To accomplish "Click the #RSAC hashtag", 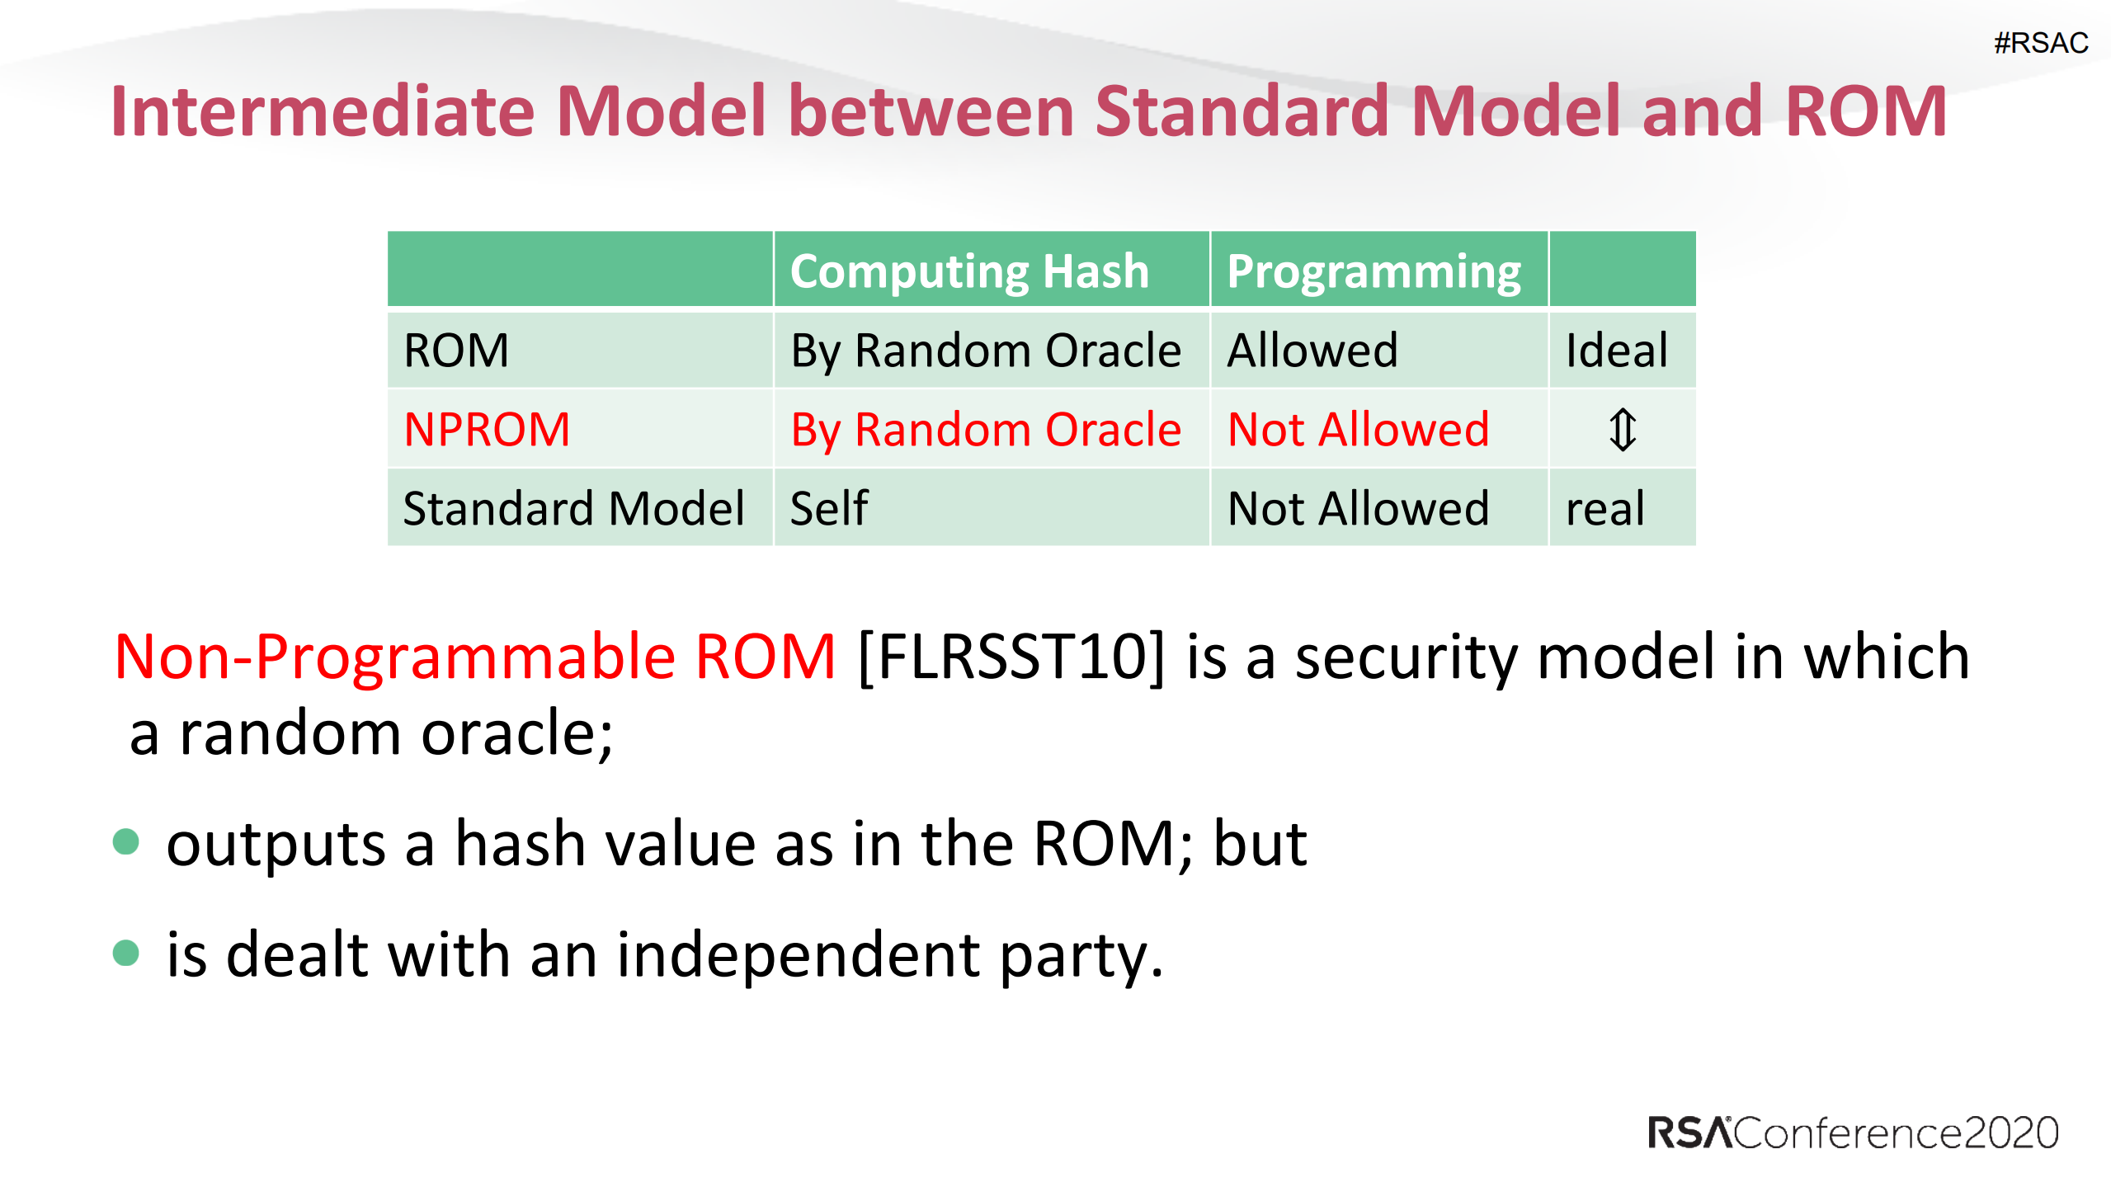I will [x=2040, y=43].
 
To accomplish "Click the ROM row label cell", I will [x=456, y=350].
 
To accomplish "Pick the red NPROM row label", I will [x=487, y=429].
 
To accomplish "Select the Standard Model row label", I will [x=573, y=508].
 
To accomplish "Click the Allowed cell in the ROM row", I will [x=1312, y=350].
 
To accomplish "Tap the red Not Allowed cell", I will [x=1358, y=429].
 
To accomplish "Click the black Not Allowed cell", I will [x=1358, y=508].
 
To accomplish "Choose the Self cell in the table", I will [x=829, y=508].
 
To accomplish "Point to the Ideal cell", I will [x=1616, y=350].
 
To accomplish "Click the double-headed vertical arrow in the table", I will [x=1622, y=430].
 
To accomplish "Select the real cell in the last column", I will [x=1604, y=508].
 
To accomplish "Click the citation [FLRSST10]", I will [x=1011, y=657].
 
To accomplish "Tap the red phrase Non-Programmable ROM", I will [x=475, y=657].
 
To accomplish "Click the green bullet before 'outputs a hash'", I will [x=125, y=842].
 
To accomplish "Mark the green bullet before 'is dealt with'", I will [x=125, y=953].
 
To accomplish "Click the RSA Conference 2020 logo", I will [x=1853, y=1133].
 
